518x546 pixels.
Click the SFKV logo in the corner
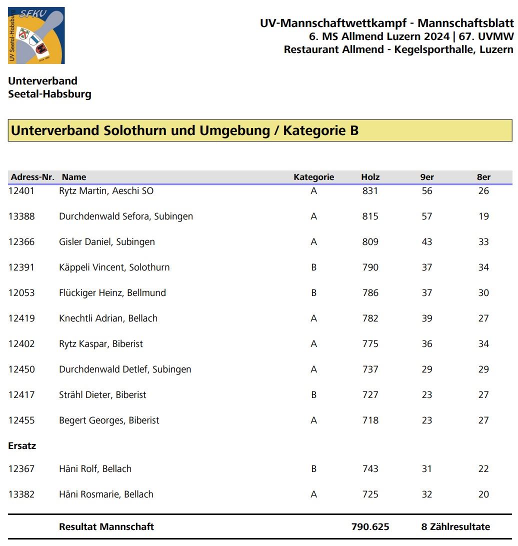(x=36, y=35)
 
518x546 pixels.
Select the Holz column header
(x=370, y=177)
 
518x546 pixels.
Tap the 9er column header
(x=426, y=177)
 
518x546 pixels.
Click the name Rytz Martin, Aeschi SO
(x=106, y=191)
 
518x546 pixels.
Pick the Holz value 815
(x=370, y=216)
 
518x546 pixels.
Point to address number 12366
(x=21, y=242)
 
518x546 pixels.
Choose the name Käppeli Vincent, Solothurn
(x=114, y=267)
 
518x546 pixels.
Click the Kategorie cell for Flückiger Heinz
(x=313, y=293)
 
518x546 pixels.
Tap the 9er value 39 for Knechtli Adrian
(x=426, y=318)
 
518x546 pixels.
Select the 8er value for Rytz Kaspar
(x=483, y=344)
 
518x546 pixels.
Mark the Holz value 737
(x=370, y=369)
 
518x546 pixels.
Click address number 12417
(x=21, y=395)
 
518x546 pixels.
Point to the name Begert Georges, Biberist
(x=109, y=420)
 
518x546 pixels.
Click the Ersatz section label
(x=22, y=446)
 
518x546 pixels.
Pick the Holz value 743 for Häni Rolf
(x=370, y=469)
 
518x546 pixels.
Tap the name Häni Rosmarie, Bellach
(x=106, y=494)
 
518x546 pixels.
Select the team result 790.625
(x=370, y=526)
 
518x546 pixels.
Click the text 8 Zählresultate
(x=455, y=526)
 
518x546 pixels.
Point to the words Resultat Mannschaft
(x=106, y=526)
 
